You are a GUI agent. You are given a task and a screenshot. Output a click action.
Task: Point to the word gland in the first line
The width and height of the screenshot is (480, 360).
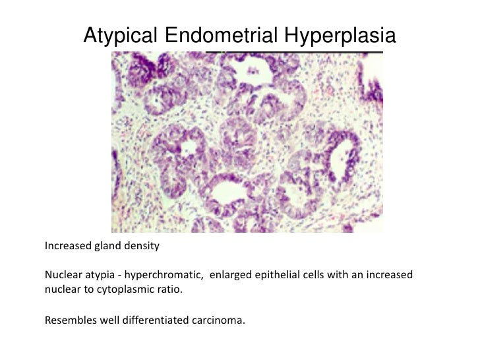click(x=109, y=247)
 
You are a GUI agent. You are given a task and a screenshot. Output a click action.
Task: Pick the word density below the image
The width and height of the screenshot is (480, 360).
click(x=142, y=247)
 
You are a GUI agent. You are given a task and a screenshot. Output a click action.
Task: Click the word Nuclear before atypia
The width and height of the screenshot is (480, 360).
click(x=64, y=274)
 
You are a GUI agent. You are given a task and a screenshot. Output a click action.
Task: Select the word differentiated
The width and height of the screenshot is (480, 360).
click(x=160, y=321)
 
